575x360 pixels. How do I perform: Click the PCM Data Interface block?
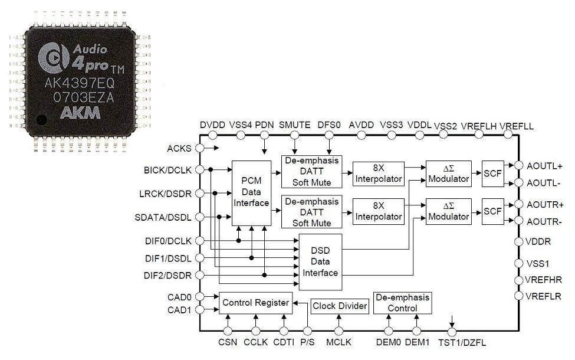pyautogui.click(x=252, y=193)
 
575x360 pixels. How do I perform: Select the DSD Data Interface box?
pyautogui.click(x=320, y=261)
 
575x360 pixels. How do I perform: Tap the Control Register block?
pyautogui.click(x=255, y=303)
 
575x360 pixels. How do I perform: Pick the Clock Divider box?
pyautogui.click(x=340, y=306)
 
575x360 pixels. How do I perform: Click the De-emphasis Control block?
pyautogui.click(x=402, y=303)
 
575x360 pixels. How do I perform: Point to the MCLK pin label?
pyautogui.click(x=339, y=342)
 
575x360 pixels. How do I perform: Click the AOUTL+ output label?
pyautogui.click(x=544, y=166)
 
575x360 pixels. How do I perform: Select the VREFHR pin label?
pyautogui.click(x=544, y=280)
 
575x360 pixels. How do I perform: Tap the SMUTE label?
pyautogui.click(x=294, y=125)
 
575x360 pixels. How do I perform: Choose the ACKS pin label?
pyautogui.click(x=179, y=148)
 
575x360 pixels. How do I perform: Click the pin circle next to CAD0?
pyautogui.click(x=200, y=296)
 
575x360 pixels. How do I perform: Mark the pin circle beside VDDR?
pyautogui.click(x=518, y=241)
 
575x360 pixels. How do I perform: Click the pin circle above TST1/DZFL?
pyautogui.click(x=452, y=332)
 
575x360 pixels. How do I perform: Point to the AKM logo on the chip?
pyautogui.click(x=80, y=113)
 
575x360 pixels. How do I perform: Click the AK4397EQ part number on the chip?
pyautogui.click(x=80, y=83)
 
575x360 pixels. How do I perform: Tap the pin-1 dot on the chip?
pyautogui.click(x=42, y=120)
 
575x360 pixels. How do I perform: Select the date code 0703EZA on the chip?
pyautogui.click(x=84, y=97)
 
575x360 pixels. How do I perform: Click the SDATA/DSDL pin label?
pyautogui.click(x=163, y=217)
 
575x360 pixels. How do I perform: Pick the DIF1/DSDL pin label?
pyautogui.click(x=168, y=258)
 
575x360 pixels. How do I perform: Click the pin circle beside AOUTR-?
pyautogui.click(x=518, y=221)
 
